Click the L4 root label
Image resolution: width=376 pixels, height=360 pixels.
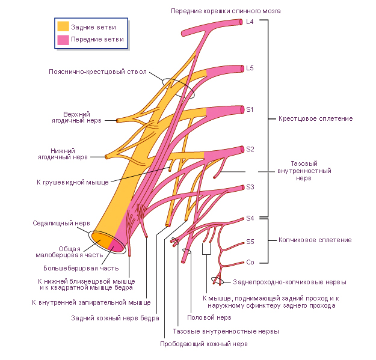click(x=250, y=22)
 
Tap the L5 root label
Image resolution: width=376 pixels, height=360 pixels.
click(x=250, y=69)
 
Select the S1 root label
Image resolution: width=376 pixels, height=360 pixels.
click(x=250, y=110)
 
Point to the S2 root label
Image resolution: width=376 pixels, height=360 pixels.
click(x=250, y=149)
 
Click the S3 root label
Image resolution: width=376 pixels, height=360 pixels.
click(x=250, y=187)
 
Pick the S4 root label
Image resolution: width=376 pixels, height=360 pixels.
click(x=250, y=218)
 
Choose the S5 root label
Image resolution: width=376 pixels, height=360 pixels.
click(x=250, y=242)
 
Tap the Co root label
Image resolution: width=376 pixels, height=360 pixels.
click(x=250, y=262)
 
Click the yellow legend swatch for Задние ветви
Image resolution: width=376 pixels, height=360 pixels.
click(x=63, y=26)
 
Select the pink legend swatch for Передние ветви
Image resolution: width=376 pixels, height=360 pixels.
click(x=63, y=40)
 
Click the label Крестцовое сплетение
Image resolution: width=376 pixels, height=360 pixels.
click(x=316, y=118)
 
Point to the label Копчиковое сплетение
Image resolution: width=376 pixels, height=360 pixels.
click(x=315, y=240)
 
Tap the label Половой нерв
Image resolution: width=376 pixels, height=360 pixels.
click(x=209, y=317)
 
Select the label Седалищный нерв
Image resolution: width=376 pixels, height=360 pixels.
click(x=61, y=223)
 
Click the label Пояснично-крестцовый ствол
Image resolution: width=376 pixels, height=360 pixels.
click(x=97, y=72)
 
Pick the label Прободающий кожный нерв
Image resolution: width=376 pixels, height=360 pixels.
click(x=204, y=344)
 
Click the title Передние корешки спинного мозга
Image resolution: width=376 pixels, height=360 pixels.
click(x=226, y=11)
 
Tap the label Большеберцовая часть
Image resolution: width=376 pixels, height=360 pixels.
click(x=81, y=268)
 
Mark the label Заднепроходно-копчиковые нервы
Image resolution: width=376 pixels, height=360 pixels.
click(x=290, y=282)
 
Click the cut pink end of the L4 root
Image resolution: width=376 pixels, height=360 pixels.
click(x=241, y=22)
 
